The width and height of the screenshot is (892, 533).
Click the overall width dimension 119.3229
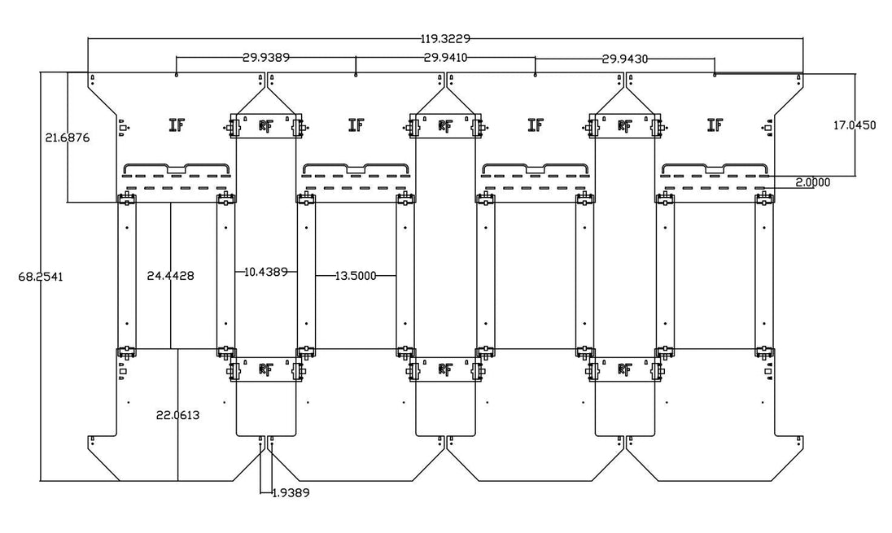445,39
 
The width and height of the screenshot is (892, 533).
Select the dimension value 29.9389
266,57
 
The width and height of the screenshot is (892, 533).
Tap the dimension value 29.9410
445,57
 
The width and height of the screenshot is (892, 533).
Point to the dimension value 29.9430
624,58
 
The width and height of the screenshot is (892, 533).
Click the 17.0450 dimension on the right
855,125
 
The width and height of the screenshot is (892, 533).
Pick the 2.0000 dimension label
812,182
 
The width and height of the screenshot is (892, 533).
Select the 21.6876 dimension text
68,138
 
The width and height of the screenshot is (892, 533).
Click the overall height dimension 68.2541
41,277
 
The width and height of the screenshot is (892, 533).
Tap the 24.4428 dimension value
170,276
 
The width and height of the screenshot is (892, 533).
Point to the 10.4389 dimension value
265,272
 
